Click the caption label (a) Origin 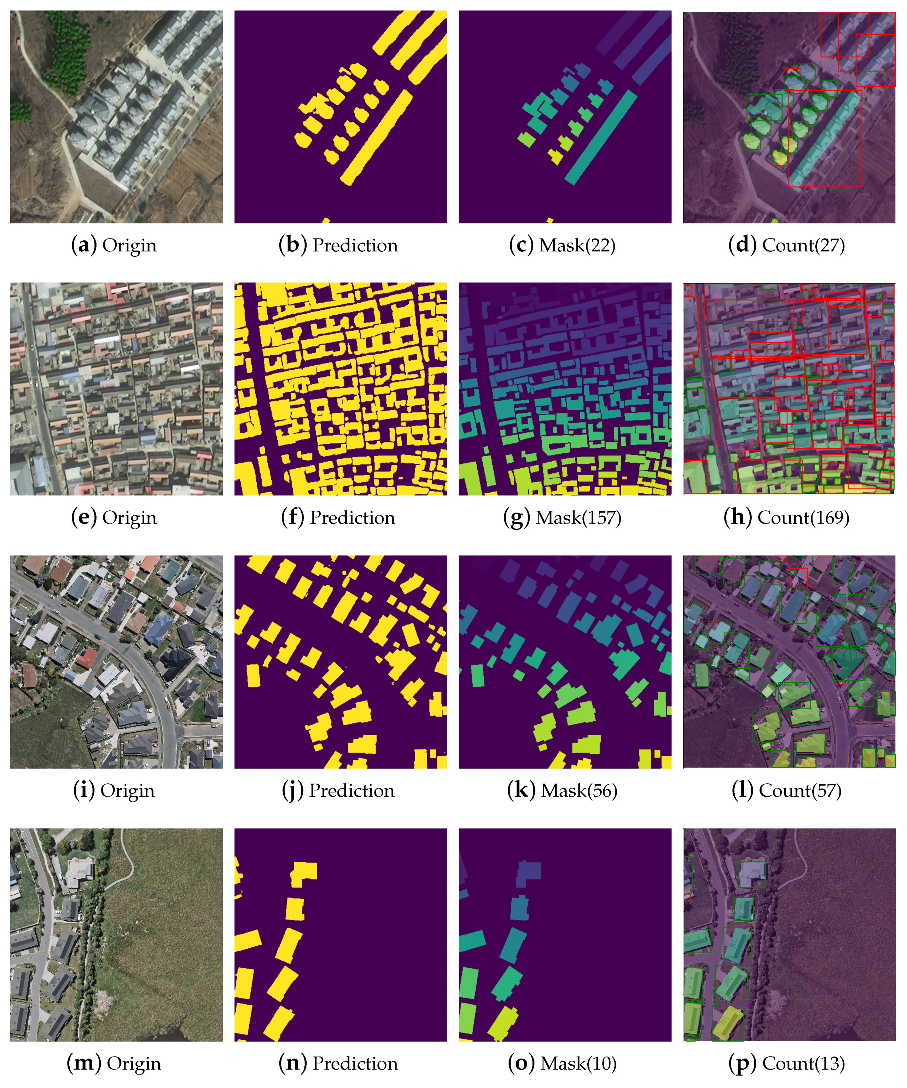coord(114,245)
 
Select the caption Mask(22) coord(562,245)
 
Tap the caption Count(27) coord(786,245)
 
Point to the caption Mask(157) coord(562,517)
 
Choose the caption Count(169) coord(786,517)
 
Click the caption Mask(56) coord(562,791)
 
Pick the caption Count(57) coord(786,791)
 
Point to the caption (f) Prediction coord(338,517)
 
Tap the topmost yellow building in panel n coord(303,874)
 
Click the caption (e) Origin coord(114,517)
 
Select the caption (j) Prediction coord(338,791)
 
